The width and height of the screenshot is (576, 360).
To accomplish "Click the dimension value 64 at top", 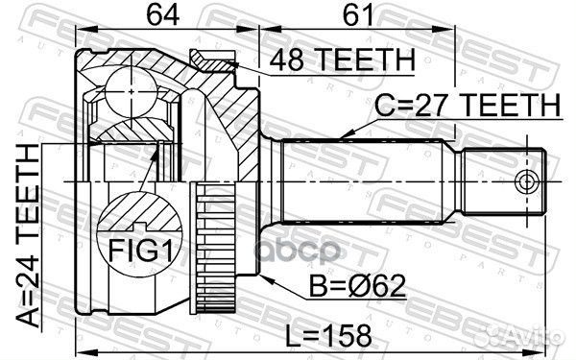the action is (x=163, y=15).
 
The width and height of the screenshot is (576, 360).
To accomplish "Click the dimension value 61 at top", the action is (x=358, y=15).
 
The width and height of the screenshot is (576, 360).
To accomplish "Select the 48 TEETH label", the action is (x=343, y=60).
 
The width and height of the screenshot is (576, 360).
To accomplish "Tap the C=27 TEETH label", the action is (x=468, y=105).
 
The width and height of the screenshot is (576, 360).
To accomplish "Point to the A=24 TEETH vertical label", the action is (x=29, y=235).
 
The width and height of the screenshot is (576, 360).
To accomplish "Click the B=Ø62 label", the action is (x=357, y=285).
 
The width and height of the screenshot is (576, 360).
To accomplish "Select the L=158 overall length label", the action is (x=328, y=335).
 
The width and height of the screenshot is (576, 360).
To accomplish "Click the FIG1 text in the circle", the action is (x=140, y=250).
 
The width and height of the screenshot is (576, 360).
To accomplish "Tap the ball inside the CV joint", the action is (x=131, y=93).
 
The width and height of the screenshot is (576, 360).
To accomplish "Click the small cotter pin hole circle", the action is (x=526, y=181).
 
